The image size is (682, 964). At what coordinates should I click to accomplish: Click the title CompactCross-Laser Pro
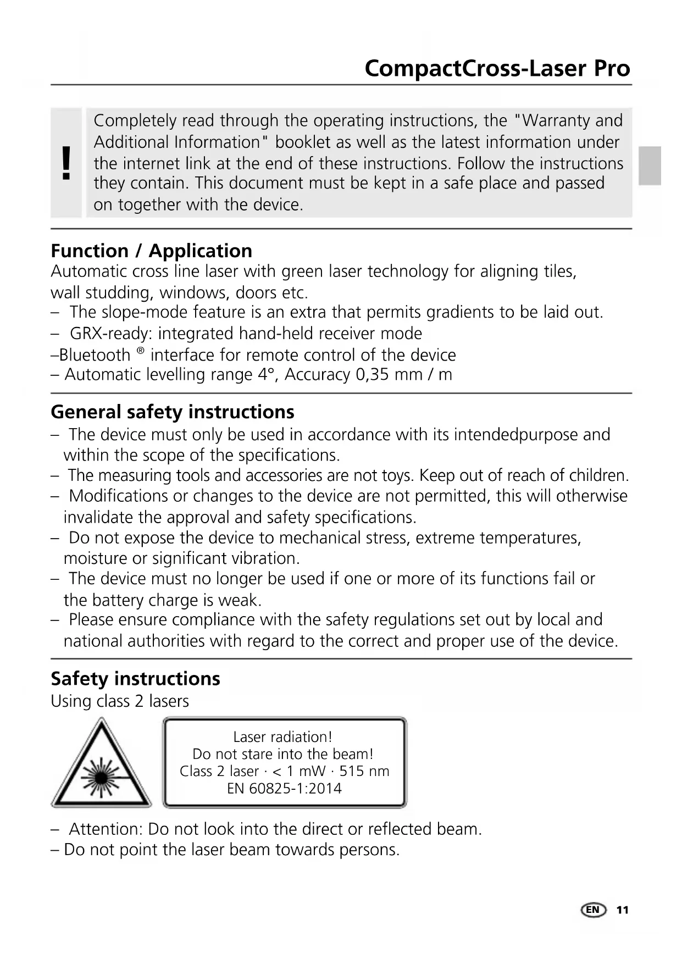497,69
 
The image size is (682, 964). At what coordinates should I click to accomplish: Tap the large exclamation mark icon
66,163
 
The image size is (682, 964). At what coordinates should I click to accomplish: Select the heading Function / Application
151,251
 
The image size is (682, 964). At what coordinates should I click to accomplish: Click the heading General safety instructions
172,412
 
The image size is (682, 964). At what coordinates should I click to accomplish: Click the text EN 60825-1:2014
284,788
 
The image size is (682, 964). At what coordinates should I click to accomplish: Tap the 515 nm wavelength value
364,771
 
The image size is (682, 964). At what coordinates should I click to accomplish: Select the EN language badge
592,910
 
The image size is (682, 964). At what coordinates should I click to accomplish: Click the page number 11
622,910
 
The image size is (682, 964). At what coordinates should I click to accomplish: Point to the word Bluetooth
95,355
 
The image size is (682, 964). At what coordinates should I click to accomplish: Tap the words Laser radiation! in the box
282,736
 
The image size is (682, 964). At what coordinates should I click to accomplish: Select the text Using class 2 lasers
120,701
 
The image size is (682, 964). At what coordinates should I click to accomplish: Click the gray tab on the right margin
650,165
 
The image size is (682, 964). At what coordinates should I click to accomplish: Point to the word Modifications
118,496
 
